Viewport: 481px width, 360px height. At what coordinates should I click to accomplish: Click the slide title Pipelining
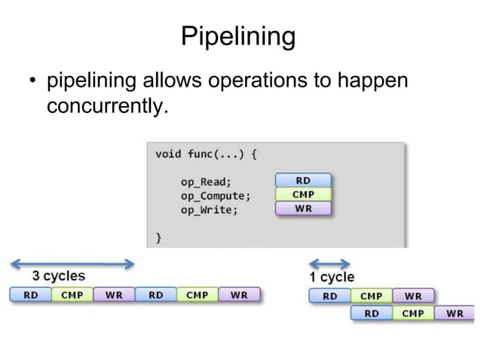(x=238, y=35)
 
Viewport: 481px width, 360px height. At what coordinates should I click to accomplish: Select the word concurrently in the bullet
(x=105, y=106)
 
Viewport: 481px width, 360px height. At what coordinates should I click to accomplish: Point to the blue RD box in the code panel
(x=303, y=180)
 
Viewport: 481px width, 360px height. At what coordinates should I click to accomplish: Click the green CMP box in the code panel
(x=303, y=194)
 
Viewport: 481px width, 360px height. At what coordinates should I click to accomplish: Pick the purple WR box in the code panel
(x=303, y=209)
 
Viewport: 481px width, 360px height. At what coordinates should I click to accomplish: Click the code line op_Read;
(x=206, y=182)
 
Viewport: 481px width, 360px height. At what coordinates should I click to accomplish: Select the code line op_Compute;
(x=215, y=196)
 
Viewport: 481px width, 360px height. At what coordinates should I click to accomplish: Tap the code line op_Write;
(x=209, y=210)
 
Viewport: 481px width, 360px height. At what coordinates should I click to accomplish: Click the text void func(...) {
(x=206, y=154)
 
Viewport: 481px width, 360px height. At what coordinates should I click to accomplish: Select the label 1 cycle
(x=332, y=277)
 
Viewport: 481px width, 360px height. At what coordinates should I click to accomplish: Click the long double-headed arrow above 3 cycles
(x=72, y=264)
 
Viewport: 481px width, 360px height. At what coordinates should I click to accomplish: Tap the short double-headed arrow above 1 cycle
(x=330, y=264)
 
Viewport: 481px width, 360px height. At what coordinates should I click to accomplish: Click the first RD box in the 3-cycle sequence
(x=30, y=294)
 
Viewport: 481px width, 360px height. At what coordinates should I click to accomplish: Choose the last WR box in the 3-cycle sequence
(x=239, y=294)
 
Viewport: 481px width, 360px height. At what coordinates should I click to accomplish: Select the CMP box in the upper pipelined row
(x=371, y=296)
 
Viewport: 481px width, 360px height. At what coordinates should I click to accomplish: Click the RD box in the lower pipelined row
(x=372, y=313)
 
